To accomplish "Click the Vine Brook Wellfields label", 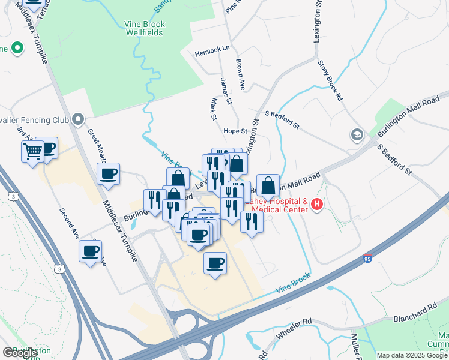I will point(143,28).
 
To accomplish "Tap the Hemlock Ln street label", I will point(212,53).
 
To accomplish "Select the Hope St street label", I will point(235,131).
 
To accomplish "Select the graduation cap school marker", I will point(357,134).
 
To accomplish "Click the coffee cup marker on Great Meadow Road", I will point(109,174).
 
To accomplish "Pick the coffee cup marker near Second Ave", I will point(91,251).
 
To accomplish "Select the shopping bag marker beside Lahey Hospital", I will point(268,186).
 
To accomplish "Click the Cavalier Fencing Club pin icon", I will point(77,120).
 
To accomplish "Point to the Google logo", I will point(20,353).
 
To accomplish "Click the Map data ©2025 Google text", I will point(411,355).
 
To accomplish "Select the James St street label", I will point(225,88).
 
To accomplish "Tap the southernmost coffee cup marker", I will point(215,262).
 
